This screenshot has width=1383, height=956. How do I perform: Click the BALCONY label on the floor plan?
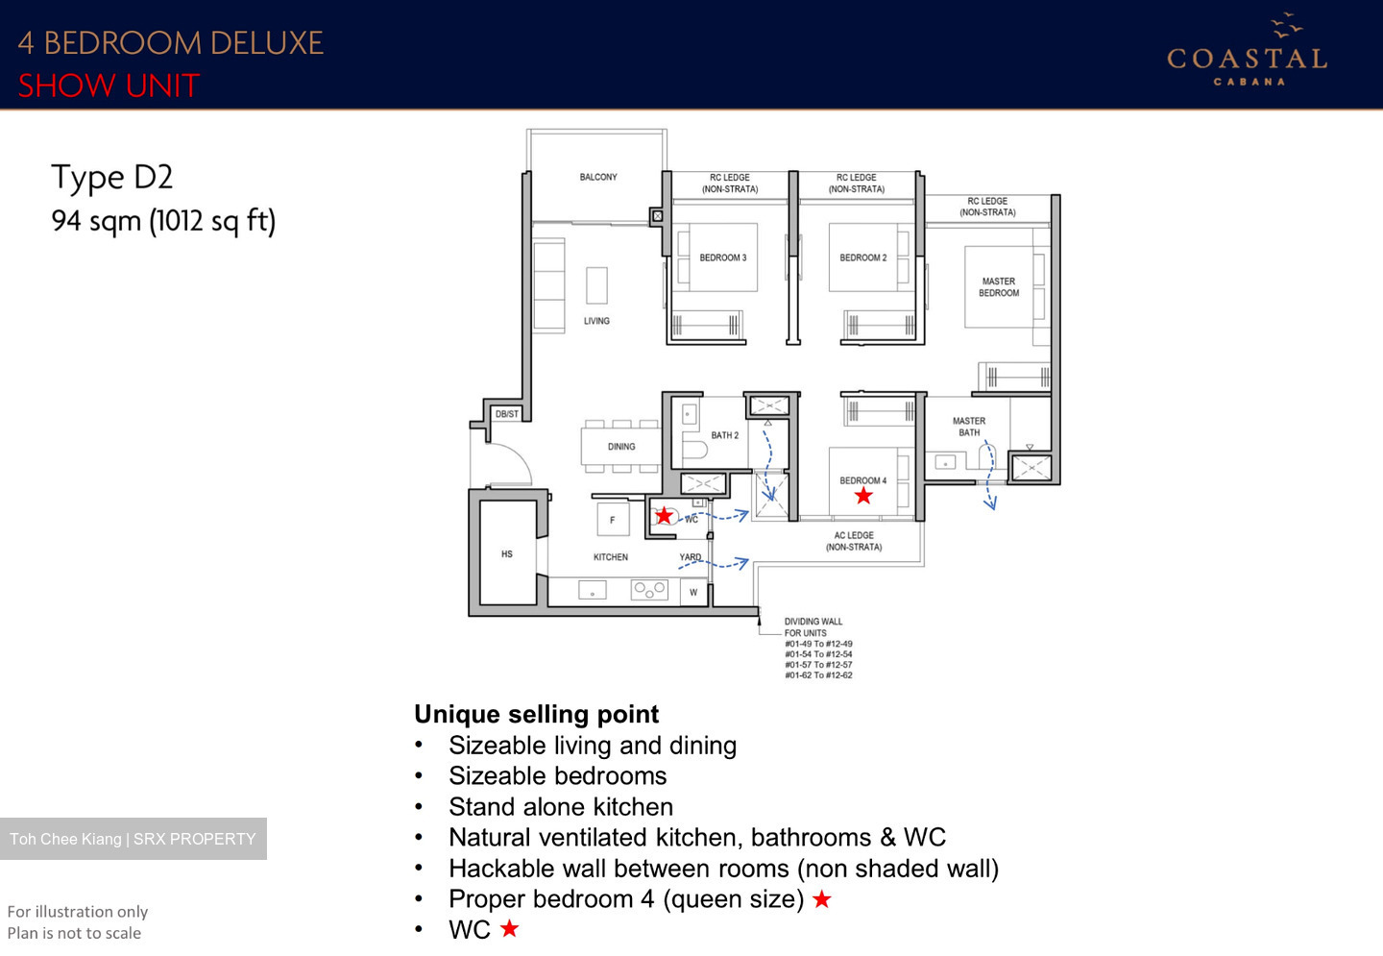(x=598, y=177)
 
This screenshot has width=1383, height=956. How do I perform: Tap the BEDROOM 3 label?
(x=722, y=257)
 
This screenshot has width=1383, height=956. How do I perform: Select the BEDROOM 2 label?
(x=862, y=257)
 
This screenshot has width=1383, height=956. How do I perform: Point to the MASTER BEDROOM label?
(x=999, y=287)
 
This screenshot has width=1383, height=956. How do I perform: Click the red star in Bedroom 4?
(x=863, y=496)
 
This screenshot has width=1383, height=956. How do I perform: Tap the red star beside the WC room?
(x=664, y=515)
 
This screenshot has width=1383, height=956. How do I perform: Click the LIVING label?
(x=596, y=321)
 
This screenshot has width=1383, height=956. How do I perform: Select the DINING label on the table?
(x=621, y=447)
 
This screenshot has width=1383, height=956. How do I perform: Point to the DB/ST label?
(x=506, y=414)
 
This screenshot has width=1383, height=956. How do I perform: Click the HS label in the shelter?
(x=507, y=554)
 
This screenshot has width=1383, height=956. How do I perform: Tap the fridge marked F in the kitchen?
(x=612, y=520)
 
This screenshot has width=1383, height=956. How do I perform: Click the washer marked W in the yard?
(x=693, y=593)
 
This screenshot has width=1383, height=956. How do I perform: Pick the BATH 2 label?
(x=724, y=435)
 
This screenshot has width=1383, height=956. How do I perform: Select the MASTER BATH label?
(x=969, y=427)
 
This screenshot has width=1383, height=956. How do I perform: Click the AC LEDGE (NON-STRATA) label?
(x=854, y=541)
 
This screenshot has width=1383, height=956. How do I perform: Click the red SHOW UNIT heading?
(x=109, y=86)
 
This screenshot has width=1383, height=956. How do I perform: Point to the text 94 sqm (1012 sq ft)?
(x=163, y=221)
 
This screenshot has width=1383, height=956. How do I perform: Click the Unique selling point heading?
(x=536, y=714)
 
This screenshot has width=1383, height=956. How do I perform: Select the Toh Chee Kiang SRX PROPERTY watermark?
(x=133, y=839)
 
